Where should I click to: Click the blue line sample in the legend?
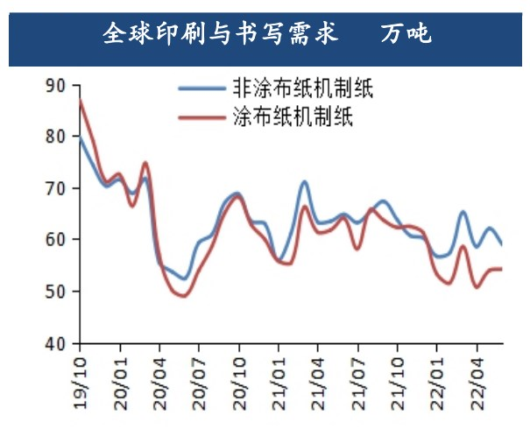click(x=201, y=88)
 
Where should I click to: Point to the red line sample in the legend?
click(x=201, y=116)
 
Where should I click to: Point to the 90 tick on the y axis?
click(x=56, y=86)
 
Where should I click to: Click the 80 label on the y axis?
click(x=56, y=137)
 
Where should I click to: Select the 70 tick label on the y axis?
click(x=56, y=188)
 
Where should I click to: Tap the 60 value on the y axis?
click(x=56, y=240)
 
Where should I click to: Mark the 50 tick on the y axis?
click(x=56, y=292)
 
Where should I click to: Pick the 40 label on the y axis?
click(x=56, y=342)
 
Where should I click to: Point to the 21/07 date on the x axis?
click(x=359, y=377)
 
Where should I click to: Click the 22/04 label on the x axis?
click(x=478, y=377)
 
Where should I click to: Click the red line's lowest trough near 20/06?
click(x=183, y=296)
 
